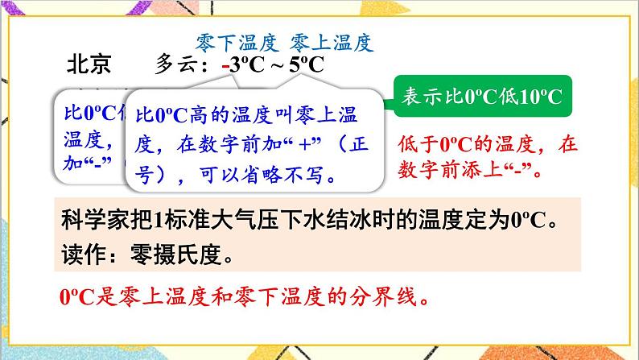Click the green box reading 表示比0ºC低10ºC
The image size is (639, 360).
click(480, 97)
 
